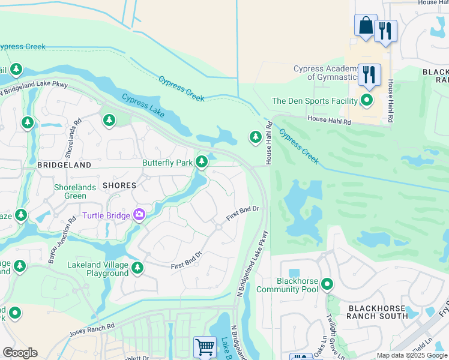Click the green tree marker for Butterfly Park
pyautogui.click(x=202, y=161)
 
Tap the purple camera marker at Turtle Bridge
pyautogui.click(x=139, y=214)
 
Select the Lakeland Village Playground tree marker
pyautogui.click(x=137, y=268)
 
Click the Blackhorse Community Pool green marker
pyautogui.click(x=327, y=283)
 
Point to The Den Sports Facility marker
pyautogui.click(x=366, y=100)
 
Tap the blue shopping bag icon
pyautogui.click(x=366, y=26)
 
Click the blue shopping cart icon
pyautogui.click(x=205, y=347)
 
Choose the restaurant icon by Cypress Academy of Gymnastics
pyautogui.click(x=369, y=74)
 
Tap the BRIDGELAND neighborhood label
pyautogui.click(x=64, y=164)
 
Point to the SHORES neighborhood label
pyautogui.click(x=119, y=185)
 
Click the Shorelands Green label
pyautogui.click(x=75, y=191)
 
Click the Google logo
pyautogui.click(x=20, y=352)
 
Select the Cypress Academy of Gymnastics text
pyautogui.click(x=327, y=73)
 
